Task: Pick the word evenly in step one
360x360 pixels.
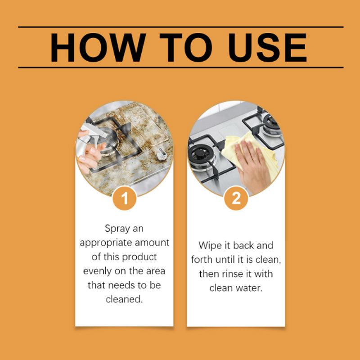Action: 97,271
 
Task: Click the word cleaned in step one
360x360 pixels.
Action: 123,299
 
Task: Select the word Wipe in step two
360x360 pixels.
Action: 210,246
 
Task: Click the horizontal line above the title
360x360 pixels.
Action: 180,27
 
